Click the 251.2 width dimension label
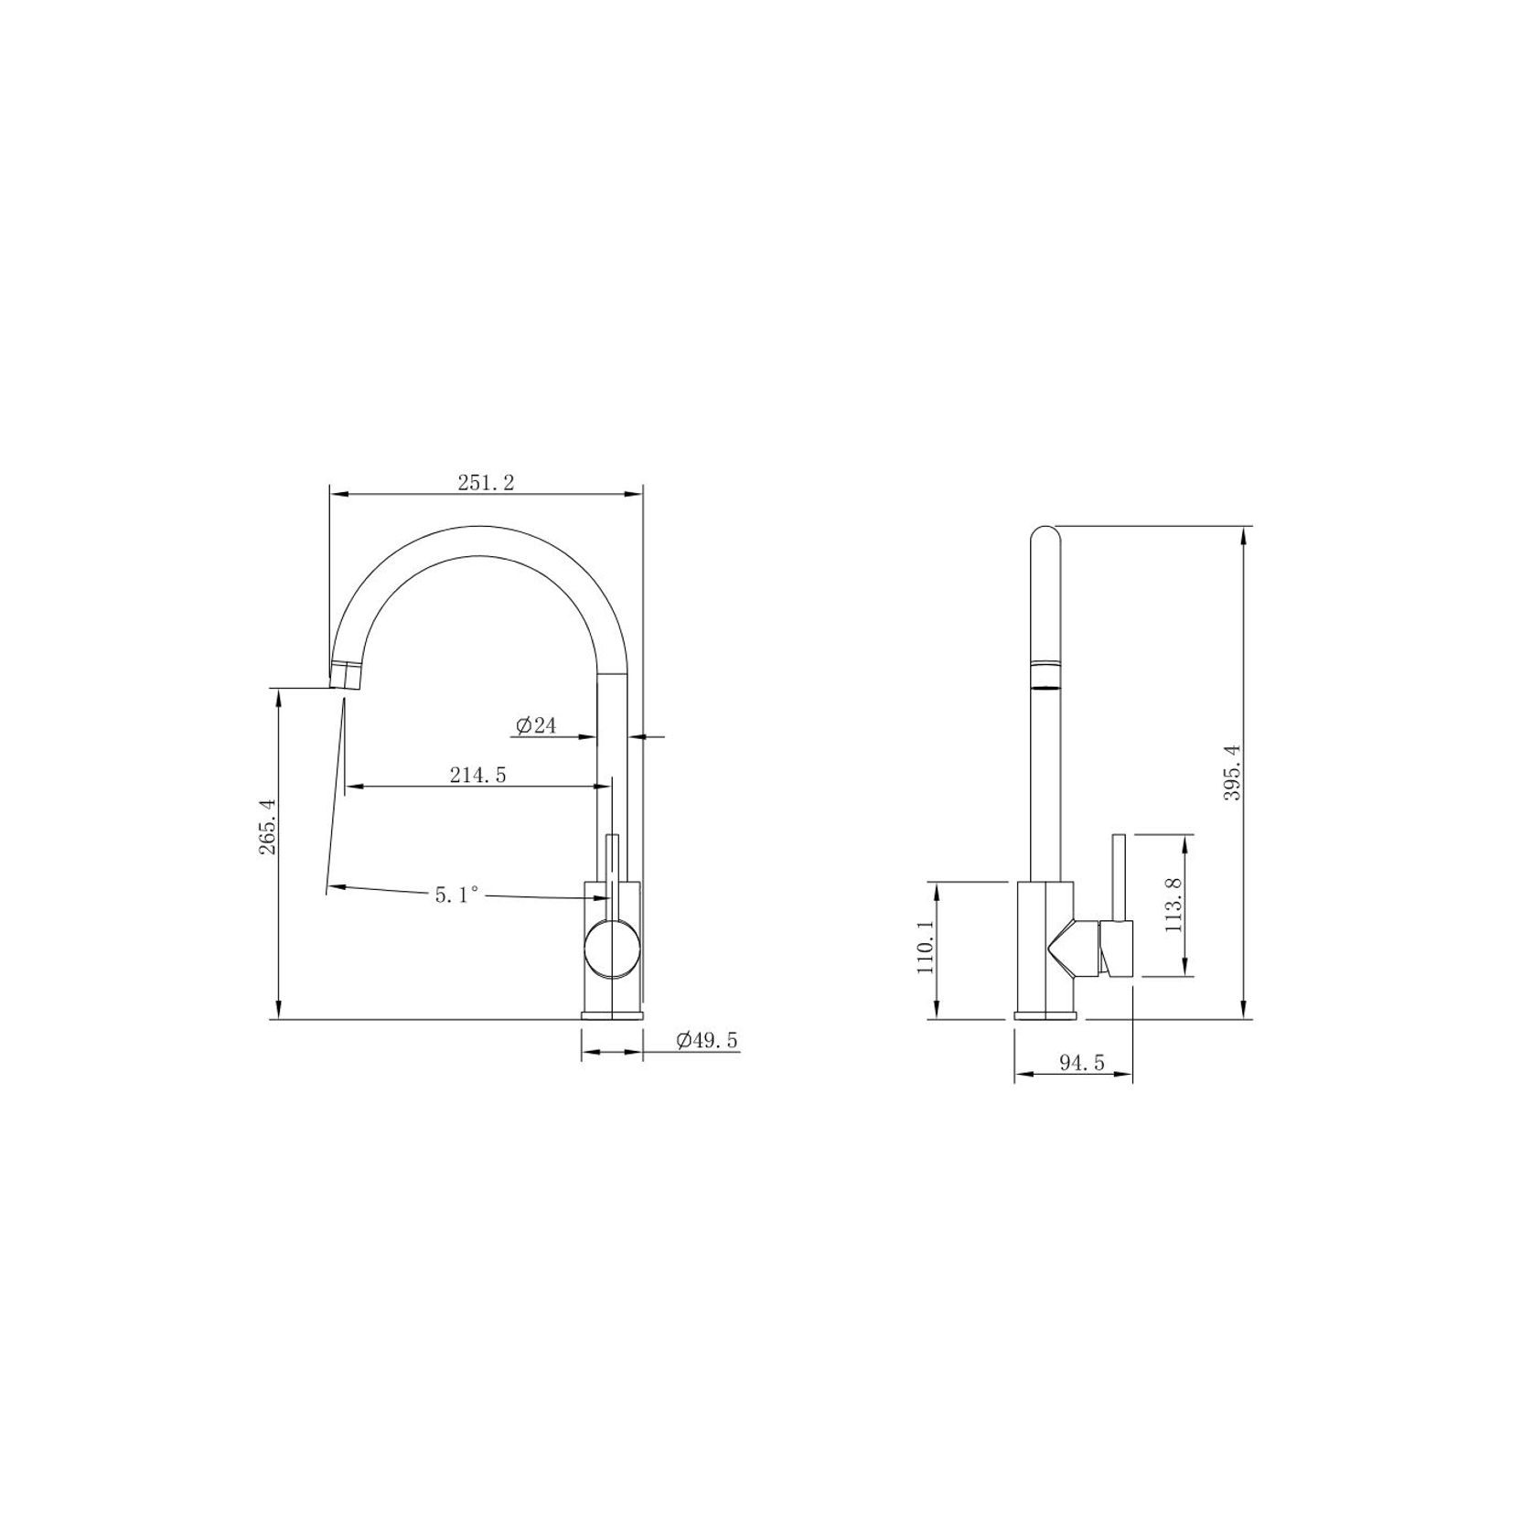click(486, 482)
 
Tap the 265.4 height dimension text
click(267, 827)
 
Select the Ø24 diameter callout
click(536, 725)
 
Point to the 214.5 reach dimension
click(477, 775)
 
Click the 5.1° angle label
click(457, 895)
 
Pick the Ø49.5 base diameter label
click(707, 1040)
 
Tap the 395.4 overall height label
click(1232, 773)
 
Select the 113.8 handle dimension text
click(1174, 904)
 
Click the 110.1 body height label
click(925, 949)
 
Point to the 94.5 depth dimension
click(1082, 1063)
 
